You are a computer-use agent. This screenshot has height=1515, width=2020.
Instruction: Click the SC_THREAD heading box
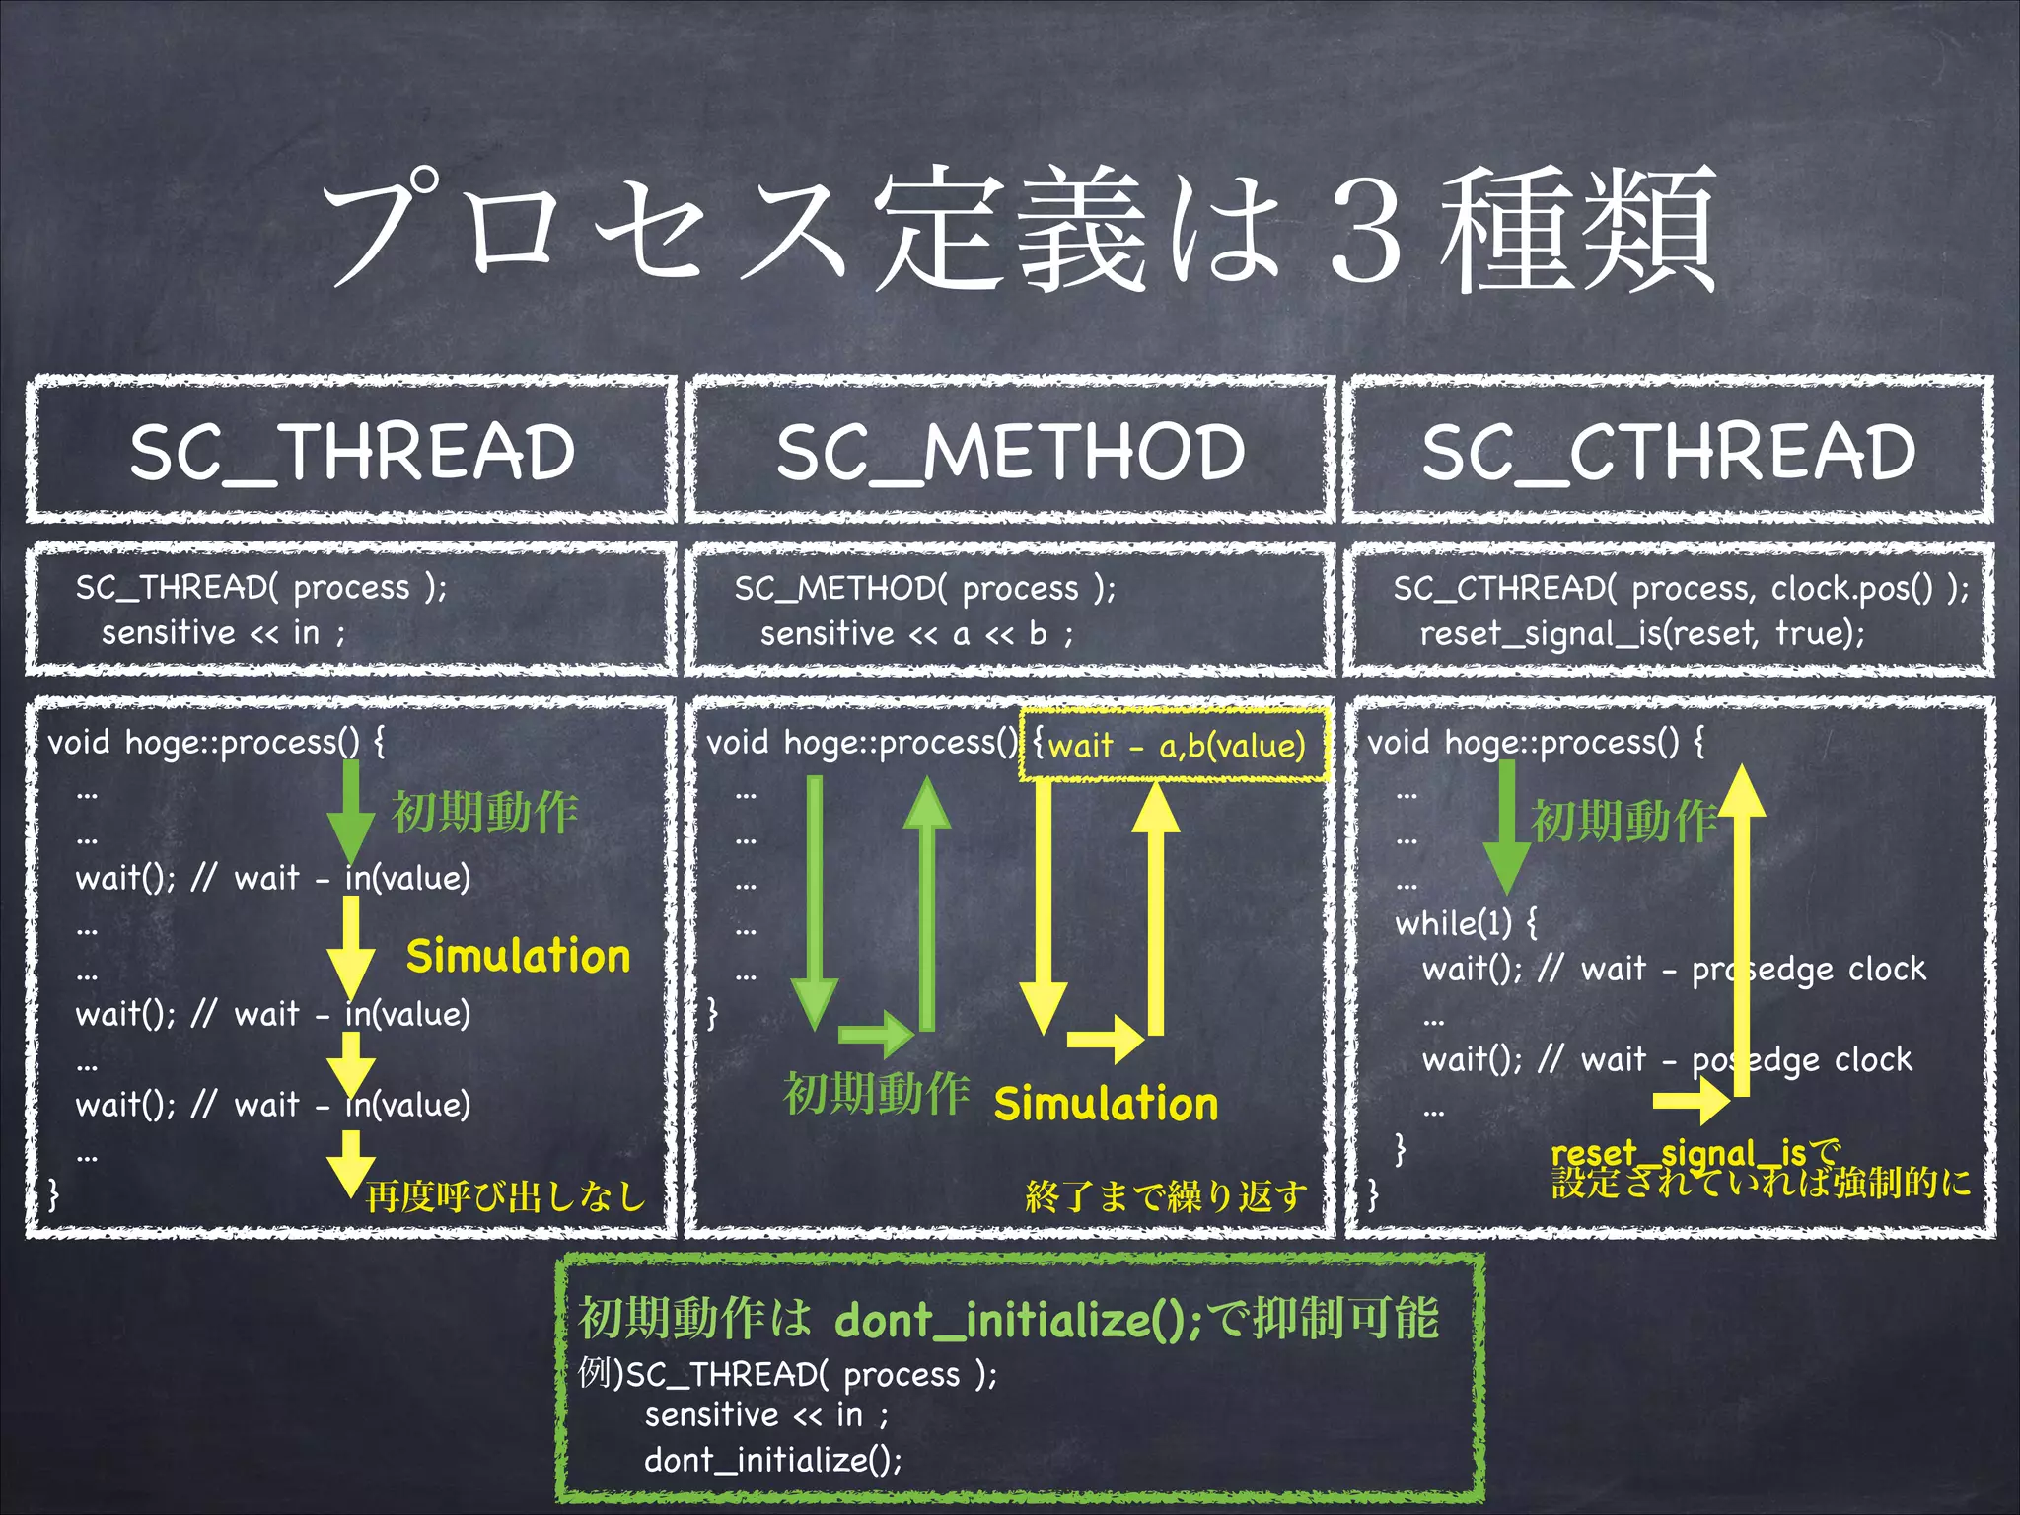tap(352, 451)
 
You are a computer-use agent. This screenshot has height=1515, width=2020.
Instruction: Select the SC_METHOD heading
tap(1010, 451)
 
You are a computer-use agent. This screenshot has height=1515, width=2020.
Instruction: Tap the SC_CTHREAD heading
tap(1669, 451)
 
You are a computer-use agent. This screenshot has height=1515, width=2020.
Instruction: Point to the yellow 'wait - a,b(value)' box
tap(1175, 745)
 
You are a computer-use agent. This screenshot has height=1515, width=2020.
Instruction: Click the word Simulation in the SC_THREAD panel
tap(518, 956)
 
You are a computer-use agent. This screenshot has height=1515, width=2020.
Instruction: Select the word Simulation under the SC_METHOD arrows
tap(1106, 1103)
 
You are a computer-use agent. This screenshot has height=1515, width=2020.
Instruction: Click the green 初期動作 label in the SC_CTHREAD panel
tap(1623, 820)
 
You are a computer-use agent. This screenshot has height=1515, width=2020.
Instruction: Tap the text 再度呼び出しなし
tap(505, 1196)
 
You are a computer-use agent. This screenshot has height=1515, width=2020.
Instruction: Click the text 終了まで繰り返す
tap(1166, 1196)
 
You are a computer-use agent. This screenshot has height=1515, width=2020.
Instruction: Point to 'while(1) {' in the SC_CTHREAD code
tap(1466, 923)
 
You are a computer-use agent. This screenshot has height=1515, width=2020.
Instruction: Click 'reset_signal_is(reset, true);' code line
tap(1642, 632)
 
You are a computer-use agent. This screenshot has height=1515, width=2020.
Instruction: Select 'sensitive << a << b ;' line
tap(916, 633)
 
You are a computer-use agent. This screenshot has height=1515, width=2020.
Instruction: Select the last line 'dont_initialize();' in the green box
tap(773, 1459)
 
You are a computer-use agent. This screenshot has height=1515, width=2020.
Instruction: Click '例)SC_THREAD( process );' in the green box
tap(787, 1373)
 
